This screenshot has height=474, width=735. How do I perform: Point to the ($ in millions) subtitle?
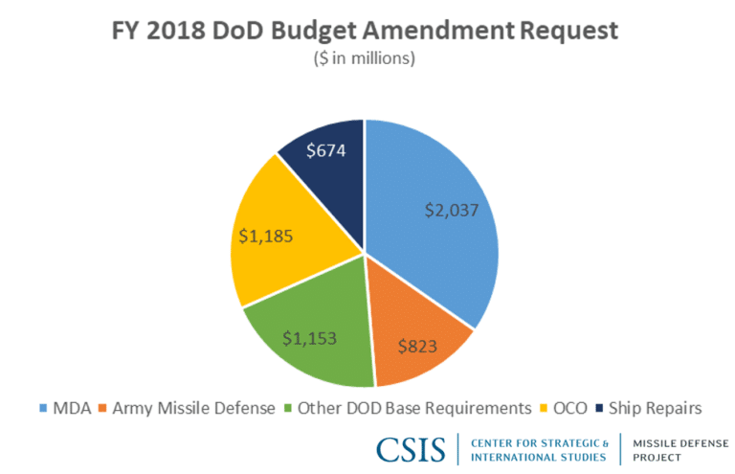tap(367, 58)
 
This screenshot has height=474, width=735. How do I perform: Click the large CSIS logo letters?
tap(411, 449)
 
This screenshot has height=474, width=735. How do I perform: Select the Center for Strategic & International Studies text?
tap(540, 449)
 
